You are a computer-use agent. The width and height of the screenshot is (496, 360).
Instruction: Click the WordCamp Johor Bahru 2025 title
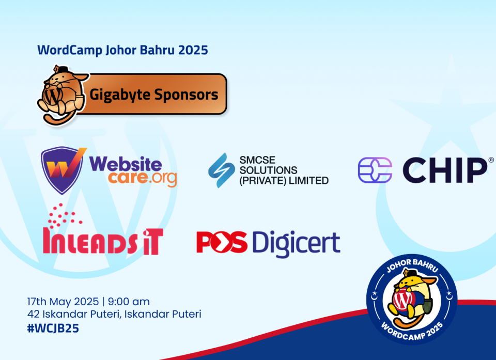122,50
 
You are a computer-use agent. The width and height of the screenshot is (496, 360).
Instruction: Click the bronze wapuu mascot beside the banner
61,95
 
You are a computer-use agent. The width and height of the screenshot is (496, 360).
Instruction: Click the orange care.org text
142,178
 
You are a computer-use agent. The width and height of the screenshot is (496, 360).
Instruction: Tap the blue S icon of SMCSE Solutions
222,170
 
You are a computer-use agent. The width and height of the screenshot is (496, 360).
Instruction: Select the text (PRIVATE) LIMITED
284,181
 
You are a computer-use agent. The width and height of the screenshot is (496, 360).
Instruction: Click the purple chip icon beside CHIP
375,170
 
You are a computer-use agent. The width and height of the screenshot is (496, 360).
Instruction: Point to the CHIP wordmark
445,170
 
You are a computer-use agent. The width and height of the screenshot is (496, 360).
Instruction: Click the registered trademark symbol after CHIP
491,160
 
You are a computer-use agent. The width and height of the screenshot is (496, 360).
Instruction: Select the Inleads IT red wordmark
103,241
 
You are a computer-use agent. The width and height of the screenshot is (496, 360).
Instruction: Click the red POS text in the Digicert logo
222,242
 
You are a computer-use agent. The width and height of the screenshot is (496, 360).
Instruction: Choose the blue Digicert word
296,244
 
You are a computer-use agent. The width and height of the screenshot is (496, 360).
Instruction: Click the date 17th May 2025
63,302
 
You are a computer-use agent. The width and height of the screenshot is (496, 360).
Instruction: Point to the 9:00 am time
129,302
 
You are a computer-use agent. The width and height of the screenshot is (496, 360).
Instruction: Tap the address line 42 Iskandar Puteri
114,314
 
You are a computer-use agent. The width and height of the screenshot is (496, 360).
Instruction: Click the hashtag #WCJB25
53,328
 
